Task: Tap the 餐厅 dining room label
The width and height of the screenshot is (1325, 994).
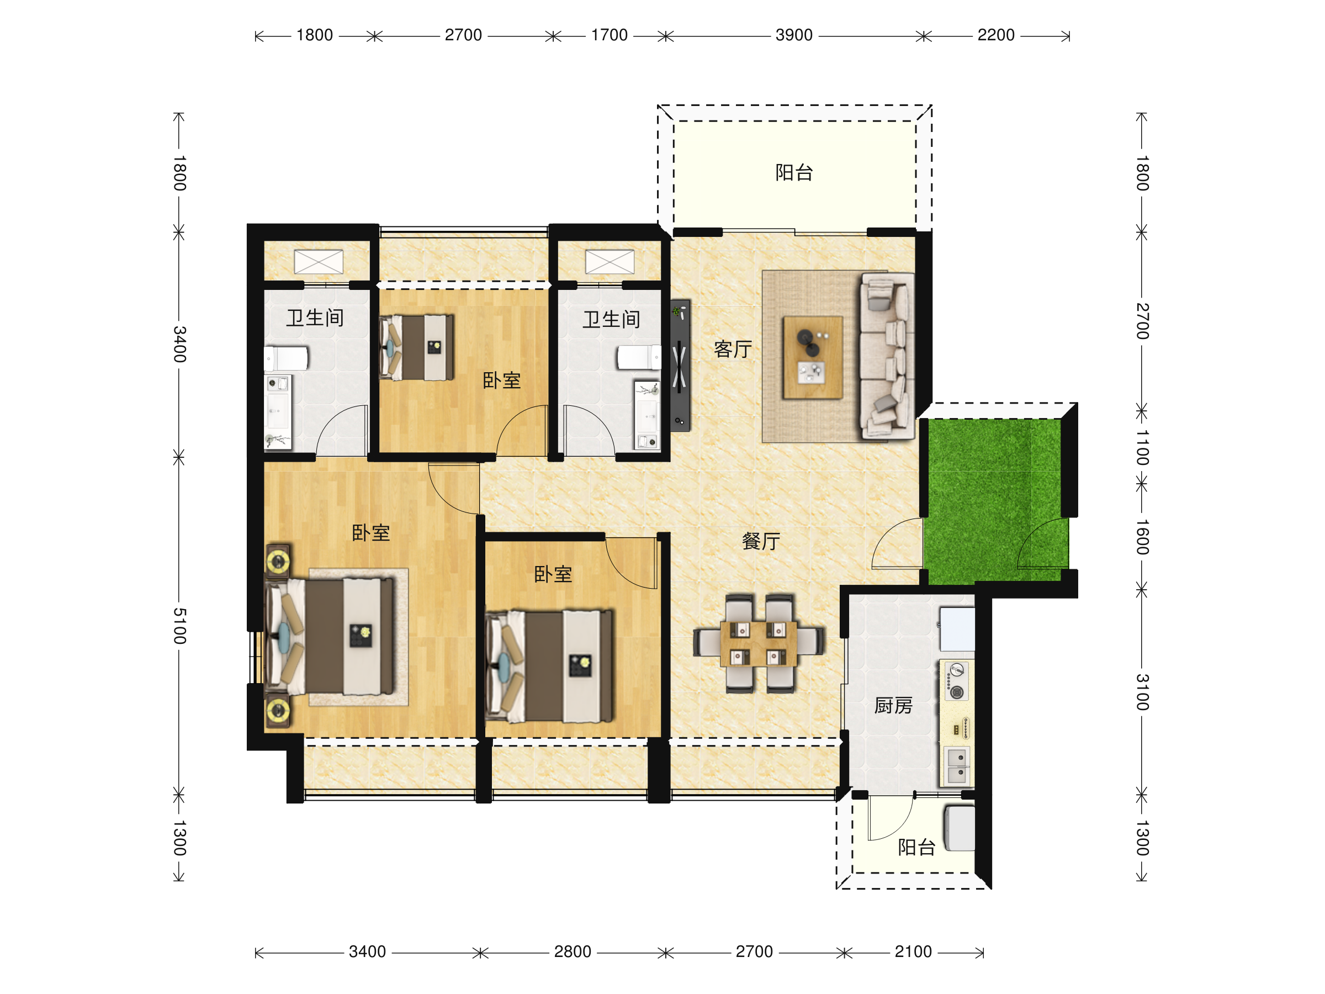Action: pos(761,541)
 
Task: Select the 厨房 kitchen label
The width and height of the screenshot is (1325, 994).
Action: pos(893,705)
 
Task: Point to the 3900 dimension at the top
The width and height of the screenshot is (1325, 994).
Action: pos(794,35)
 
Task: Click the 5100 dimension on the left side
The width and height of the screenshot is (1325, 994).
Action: pos(179,626)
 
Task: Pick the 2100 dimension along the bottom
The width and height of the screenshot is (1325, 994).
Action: pos(913,951)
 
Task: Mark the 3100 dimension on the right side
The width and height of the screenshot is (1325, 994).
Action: pos(1142,692)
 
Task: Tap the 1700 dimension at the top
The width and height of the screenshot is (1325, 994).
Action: pos(609,35)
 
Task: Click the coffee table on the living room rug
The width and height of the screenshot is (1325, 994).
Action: pos(812,357)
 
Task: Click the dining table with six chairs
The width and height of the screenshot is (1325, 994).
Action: pos(759,643)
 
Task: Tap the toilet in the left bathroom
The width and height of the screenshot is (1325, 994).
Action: pos(287,358)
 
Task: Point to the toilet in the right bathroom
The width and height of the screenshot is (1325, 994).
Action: pos(639,357)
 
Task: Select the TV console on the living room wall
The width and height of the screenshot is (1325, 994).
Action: pos(680,366)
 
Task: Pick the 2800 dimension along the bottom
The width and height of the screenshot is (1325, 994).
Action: pos(572,951)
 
